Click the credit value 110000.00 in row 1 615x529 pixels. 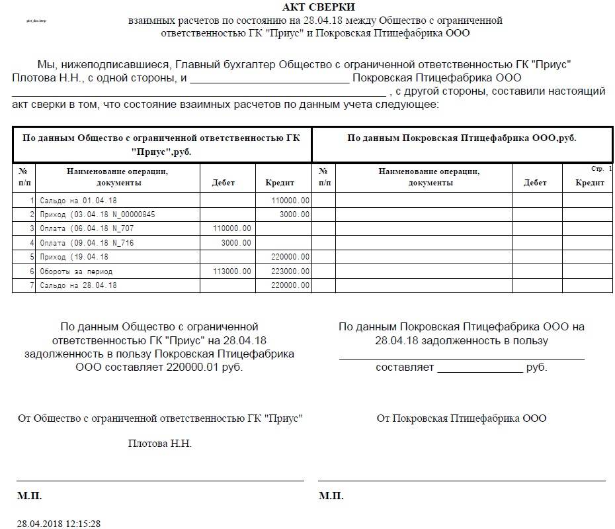(x=290, y=200)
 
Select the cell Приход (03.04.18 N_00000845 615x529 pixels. (x=97, y=215)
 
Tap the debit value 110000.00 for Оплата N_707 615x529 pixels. (x=232, y=228)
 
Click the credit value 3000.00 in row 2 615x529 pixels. (x=295, y=215)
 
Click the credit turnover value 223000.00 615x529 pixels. (x=290, y=271)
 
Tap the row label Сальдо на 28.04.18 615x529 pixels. (x=79, y=285)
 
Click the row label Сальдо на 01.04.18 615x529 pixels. (x=79, y=200)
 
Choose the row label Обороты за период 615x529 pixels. (x=76, y=271)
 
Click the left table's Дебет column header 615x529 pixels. (x=223, y=183)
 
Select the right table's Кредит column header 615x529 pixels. (x=590, y=183)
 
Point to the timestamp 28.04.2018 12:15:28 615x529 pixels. (x=59, y=524)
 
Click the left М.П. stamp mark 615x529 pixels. (x=29, y=495)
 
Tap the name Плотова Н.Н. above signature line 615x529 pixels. (x=159, y=444)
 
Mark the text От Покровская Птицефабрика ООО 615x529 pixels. (x=462, y=418)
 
